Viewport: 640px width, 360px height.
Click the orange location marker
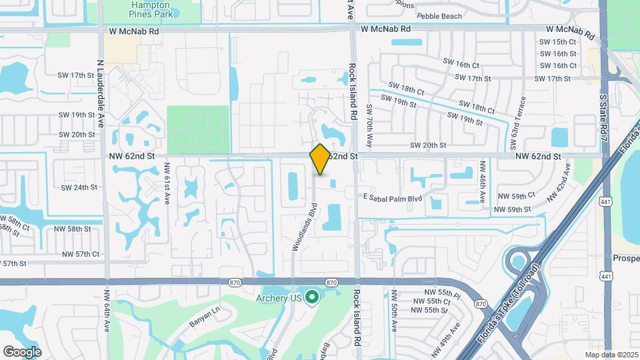tap(320, 159)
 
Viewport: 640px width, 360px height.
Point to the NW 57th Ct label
tap(81, 254)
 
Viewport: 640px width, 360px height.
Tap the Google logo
tap(22, 351)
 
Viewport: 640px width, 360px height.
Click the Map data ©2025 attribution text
tap(611, 355)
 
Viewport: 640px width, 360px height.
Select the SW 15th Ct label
tap(558, 41)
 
